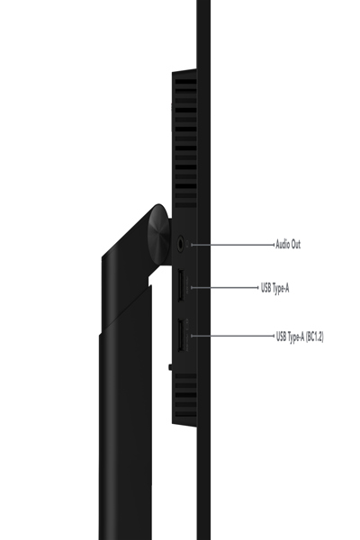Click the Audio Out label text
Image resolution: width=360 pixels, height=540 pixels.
(x=289, y=243)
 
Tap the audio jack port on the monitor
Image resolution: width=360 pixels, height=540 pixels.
(x=184, y=243)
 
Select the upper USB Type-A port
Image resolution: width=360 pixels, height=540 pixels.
(x=180, y=288)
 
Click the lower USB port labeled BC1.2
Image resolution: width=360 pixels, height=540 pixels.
(x=180, y=337)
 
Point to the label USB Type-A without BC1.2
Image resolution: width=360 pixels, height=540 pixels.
(x=274, y=288)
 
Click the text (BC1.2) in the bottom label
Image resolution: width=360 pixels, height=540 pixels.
(x=313, y=337)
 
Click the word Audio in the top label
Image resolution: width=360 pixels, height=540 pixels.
(x=283, y=243)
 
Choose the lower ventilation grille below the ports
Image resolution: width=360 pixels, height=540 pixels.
(x=184, y=396)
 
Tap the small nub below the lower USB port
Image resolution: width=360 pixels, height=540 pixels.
(x=169, y=366)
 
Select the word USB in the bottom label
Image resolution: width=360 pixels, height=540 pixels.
(x=282, y=337)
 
